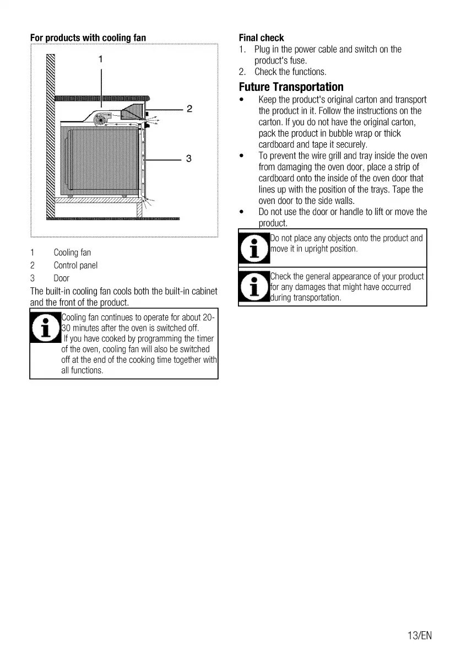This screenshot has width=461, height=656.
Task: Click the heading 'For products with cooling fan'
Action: (x=88, y=38)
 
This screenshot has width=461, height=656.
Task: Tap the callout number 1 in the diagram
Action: (x=101, y=58)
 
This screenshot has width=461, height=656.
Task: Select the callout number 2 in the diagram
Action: (x=189, y=109)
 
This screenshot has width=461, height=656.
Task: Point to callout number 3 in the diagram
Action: (x=189, y=159)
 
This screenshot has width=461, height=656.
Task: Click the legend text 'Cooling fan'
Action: (x=72, y=252)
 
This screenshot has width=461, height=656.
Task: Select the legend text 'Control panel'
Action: (x=75, y=265)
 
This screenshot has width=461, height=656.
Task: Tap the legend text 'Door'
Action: (x=61, y=278)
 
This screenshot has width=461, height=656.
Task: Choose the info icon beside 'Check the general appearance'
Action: (x=254, y=287)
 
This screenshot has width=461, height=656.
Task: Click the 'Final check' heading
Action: (x=261, y=38)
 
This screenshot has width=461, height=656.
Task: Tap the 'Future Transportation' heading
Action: (x=291, y=87)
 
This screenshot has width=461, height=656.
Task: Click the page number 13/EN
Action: (x=420, y=636)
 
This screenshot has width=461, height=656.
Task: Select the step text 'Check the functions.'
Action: (x=290, y=72)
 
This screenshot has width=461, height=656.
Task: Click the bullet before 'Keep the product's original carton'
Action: (x=242, y=100)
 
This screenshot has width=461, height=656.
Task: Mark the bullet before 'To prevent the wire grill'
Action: (x=242, y=156)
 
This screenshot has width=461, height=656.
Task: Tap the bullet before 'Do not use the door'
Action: (x=242, y=212)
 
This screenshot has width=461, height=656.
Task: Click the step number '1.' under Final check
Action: (x=243, y=50)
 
